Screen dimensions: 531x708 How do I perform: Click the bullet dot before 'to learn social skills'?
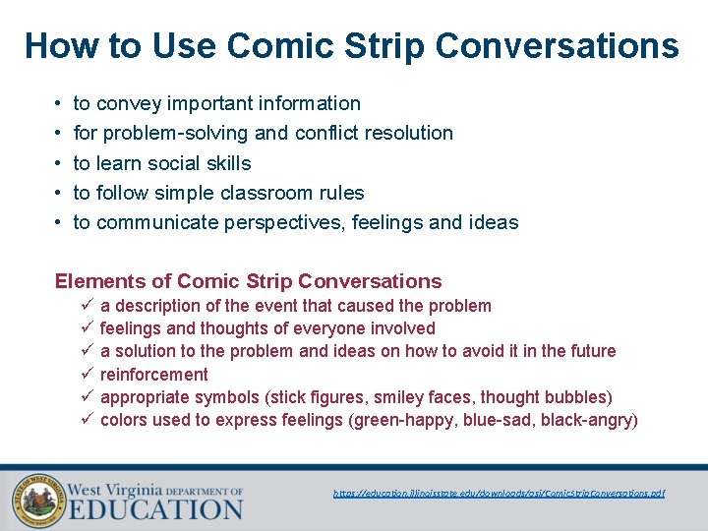[60, 163]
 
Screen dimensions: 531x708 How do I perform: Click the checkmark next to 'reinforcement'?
[86, 375]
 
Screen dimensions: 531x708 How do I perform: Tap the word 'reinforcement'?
[154, 375]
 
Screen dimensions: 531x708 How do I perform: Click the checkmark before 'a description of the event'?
[86, 306]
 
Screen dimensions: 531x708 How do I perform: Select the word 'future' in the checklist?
[590, 351]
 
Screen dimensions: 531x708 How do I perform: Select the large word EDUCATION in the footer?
[154, 510]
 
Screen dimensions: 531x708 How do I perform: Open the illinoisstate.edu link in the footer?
[500, 493]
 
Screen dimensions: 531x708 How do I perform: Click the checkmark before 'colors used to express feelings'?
[86, 421]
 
